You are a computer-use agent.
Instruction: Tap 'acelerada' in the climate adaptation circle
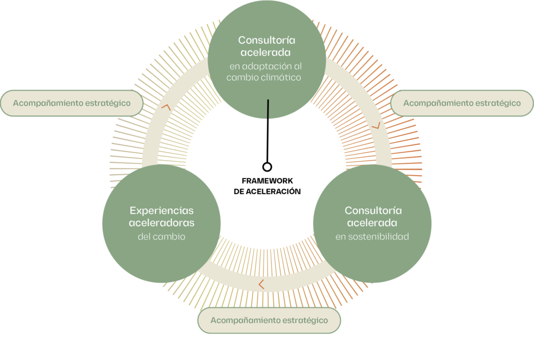tap(266, 53)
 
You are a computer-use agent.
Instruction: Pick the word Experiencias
tap(161, 211)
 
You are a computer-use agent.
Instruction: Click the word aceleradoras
tap(162, 223)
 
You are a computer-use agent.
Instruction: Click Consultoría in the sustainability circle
tap(373, 211)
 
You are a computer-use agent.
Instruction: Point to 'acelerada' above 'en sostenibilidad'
tap(372, 223)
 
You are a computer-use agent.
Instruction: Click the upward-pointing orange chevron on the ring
tap(166, 106)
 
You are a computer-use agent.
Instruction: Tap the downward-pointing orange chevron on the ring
tap(375, 126)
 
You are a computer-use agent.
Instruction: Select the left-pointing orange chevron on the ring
tap(261, 284)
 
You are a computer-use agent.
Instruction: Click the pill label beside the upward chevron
tap(72, 103)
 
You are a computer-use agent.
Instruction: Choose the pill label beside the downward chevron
tap(462, 103)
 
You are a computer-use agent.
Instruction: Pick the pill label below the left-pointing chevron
tap(269, 320)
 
